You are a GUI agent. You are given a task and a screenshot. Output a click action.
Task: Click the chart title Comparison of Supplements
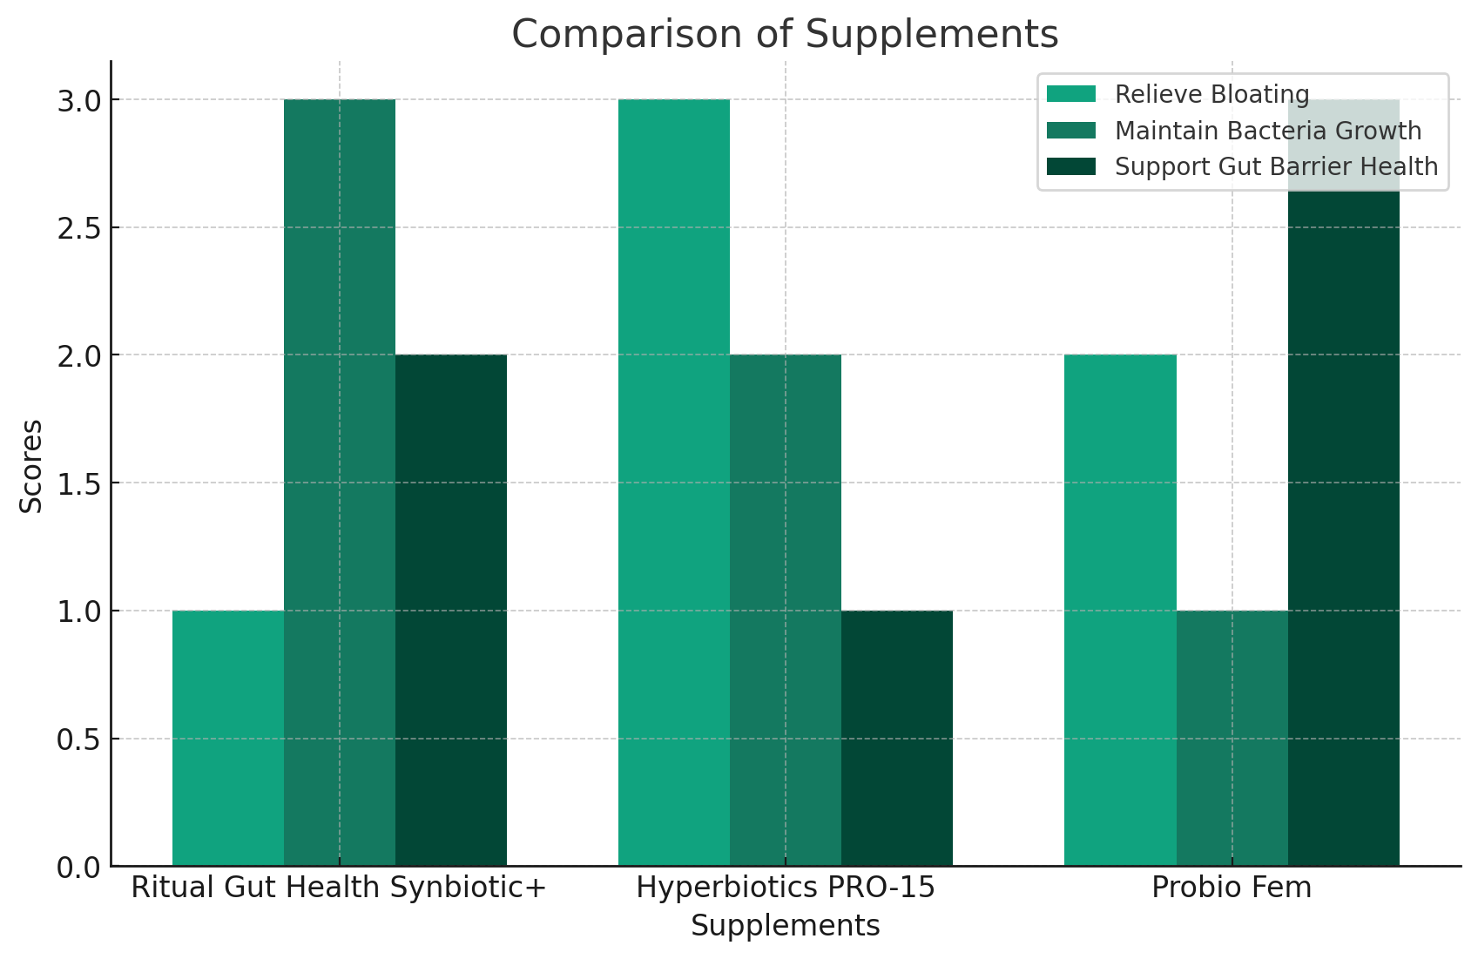tap(784, 35)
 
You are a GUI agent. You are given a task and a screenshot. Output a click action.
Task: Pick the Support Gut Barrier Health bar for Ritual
tap(451, 610)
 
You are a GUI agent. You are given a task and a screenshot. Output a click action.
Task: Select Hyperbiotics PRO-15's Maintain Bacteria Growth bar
tap(786, 610)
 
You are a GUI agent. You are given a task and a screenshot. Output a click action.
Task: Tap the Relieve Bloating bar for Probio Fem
tap(1120, 610)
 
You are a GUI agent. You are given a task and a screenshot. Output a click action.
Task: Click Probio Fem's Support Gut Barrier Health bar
tap(1343, 523)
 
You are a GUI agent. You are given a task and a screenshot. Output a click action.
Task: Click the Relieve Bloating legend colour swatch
tap(1070, 94)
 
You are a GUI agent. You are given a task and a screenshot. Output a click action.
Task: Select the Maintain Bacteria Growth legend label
tap(1267, 131)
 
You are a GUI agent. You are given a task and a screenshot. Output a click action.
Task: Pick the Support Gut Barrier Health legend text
tap(1276, 166)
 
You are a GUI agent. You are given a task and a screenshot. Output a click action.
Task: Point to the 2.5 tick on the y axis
tap(79, 228)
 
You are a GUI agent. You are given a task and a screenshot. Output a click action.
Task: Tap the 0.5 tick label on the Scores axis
tap(79, 740)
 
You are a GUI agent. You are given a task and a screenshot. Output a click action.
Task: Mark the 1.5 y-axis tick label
tap(79, 483)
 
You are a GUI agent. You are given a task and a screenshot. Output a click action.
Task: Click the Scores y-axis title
tap(31, 466)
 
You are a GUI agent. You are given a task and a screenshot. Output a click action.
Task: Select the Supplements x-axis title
tap(785, 926)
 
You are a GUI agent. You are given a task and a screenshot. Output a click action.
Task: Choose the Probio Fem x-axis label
tap(1231, 888)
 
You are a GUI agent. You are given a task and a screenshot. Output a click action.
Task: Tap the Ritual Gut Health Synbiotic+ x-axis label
tap(339, 888)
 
